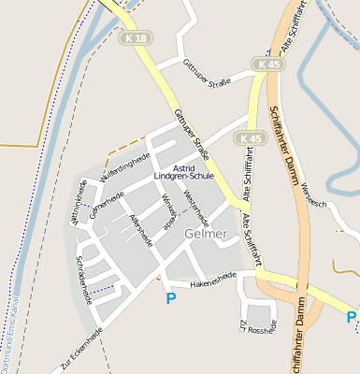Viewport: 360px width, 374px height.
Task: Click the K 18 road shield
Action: coord(135,38)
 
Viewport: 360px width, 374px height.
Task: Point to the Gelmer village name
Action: coord(206,234)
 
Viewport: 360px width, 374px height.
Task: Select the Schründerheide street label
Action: coord(83,279)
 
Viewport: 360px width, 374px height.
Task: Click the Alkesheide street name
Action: coord(141,227)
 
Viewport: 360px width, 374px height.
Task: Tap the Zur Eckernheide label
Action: coord(80,351)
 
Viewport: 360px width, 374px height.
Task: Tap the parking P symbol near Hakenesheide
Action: coord(170,298)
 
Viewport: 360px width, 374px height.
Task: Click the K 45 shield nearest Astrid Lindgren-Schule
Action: coord(248,137)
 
